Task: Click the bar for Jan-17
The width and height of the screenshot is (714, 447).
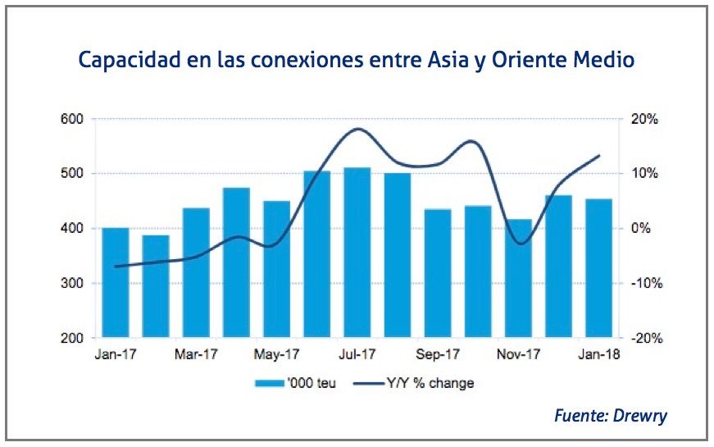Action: (116, 282)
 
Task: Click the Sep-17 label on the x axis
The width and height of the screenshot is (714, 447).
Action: (437, 355)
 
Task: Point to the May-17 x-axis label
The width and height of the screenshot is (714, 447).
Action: (276, 355)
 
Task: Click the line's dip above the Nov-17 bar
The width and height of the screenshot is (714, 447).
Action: (519, 244)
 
